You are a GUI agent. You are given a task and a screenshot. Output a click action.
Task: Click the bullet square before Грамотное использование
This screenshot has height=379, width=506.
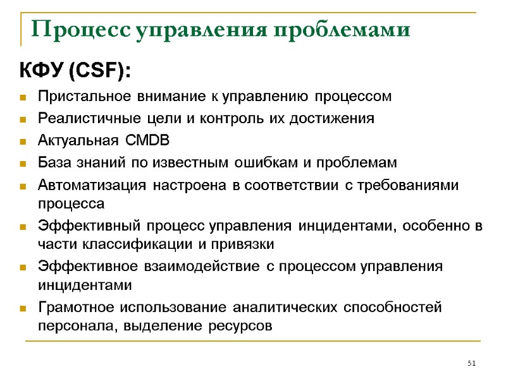tap(23, 309)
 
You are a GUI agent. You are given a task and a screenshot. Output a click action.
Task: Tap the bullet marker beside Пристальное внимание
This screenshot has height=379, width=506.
tap(23, 98)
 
